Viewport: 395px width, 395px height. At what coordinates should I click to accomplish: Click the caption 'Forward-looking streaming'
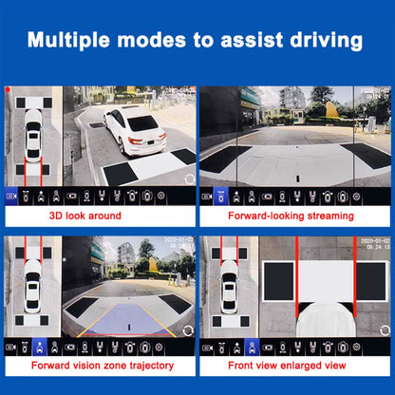click(294, 216)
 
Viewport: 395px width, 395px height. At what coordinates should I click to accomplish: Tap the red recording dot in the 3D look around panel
click(8, 89)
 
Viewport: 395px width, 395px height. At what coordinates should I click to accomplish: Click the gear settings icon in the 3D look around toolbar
click(160, 196)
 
